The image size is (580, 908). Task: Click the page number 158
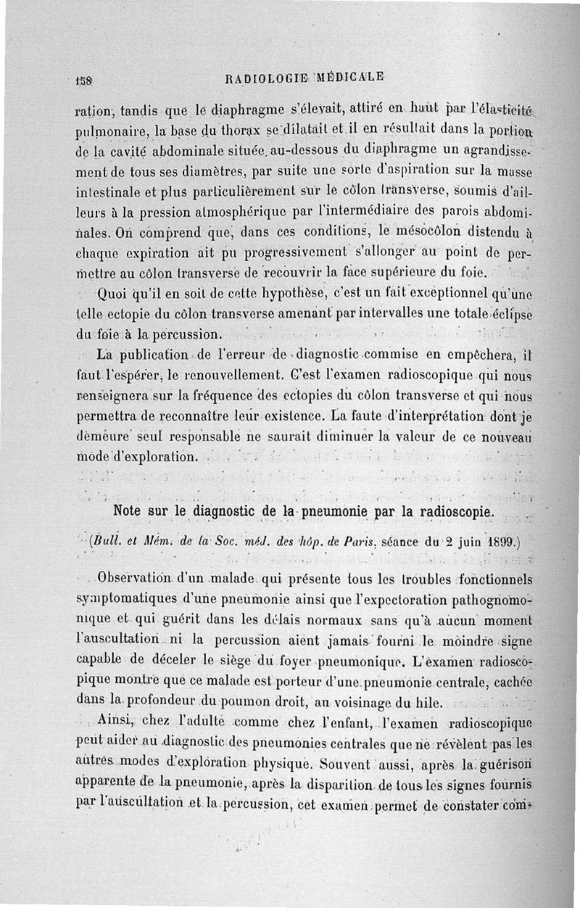pos(81,78)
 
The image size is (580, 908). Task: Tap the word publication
pos(152,355)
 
